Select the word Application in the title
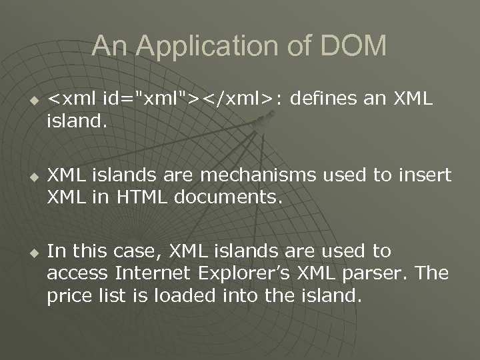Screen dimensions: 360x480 tap(201, 45)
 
